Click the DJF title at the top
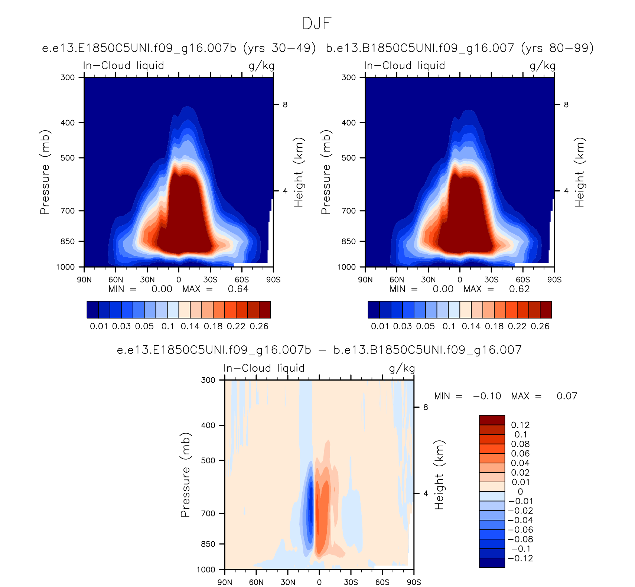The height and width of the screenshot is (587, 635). click(317, 23)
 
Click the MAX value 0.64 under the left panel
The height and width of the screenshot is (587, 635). click(238, 289)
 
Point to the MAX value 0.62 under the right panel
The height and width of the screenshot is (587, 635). click(519, 289)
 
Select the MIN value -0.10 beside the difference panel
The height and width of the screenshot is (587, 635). click(487, 396)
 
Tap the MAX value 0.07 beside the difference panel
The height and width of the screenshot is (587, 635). click(567, 396)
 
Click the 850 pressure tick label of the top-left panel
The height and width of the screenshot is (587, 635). click(67, 241)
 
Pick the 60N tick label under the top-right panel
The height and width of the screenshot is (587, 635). click(397, 280)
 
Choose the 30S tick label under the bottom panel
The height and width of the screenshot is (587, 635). click(351, 582)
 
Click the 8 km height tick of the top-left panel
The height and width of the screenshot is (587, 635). click(285, 105)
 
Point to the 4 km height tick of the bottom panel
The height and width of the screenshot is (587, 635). click(426, 493)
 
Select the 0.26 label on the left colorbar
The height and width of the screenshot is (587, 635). click(259, 326)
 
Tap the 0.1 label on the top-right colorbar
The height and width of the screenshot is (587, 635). click(449, 326)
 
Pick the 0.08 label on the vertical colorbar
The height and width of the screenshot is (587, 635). click(520, 444)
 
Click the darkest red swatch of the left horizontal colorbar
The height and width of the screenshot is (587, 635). click(265, 310)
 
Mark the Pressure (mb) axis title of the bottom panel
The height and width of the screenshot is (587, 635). click(185, 475)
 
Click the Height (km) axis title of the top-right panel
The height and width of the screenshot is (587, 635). click(580, 172)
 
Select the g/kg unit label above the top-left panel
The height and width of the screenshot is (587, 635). click(261, 66)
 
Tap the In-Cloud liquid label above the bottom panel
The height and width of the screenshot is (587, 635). click(264, 368)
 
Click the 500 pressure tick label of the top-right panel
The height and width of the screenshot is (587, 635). click(348, 158)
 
